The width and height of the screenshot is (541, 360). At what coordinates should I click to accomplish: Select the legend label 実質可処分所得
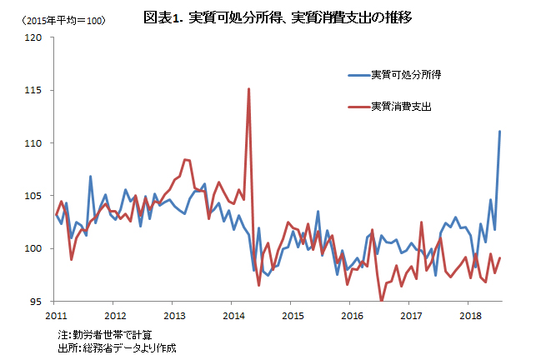pyautogui.click(x=406, y=75)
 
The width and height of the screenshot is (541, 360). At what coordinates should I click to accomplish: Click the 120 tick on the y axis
pyautogui.click(x=36, y=37)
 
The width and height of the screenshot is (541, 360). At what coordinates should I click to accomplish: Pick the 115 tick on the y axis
pyautogui.click(x=36, y=90)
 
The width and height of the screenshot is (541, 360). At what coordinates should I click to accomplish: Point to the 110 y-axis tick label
pyautogui.click(x=36, y=143)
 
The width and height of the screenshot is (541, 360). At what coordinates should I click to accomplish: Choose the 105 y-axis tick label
pyautogui.click(x=36, y=196)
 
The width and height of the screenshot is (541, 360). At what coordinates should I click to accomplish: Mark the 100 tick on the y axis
pyautogui.click(x=36, y=248)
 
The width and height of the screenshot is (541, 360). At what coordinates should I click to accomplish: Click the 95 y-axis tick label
pyautogui.click(x=38, y=302)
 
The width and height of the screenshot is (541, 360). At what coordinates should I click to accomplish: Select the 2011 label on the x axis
pyautogui.click(x=56, y=316)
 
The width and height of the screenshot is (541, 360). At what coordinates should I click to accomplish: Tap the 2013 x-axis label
pyautogui.click(x=174, y=316)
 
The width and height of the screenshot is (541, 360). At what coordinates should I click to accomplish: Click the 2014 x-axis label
pyautogui.click(x=233, y=316)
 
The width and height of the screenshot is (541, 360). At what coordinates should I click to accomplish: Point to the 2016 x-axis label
pyautogui.click(x=352, y=316)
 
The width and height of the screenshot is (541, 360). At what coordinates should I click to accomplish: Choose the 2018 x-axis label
pyautogui.click(x=470, y=316)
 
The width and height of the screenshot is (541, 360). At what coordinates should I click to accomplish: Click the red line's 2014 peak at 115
pyautogui.click(x=248, y=89)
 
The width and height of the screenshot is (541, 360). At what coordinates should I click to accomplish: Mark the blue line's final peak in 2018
pyautogui.click(x=499, y=132)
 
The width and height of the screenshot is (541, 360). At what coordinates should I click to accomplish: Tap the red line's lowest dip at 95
pyautogui.click(x=382, y=300)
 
